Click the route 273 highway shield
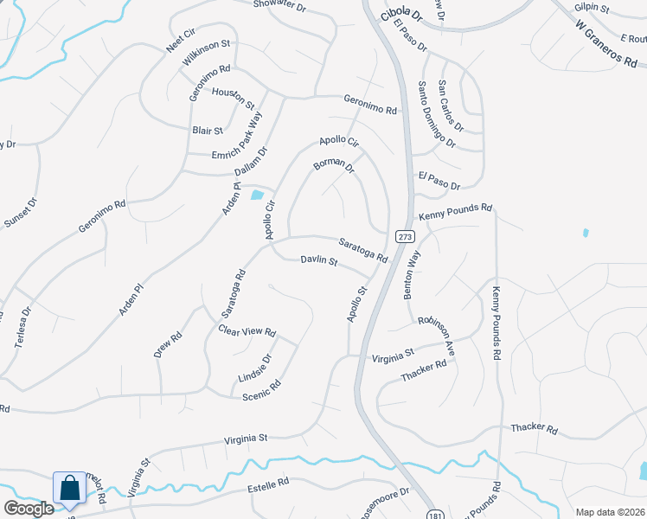(404, 236)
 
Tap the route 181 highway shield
(430, 515)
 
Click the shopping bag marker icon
(69, 489)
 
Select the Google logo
(29, 509)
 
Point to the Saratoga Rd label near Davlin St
(362, 252)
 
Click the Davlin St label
(318, 261)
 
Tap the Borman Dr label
(334, 164)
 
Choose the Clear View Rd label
(247, 330)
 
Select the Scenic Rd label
(261, 388)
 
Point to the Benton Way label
(412, 275)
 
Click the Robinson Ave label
(437, 330)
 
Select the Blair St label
(208, 131)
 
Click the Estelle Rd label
(268, 484)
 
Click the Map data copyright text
(609, 512)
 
